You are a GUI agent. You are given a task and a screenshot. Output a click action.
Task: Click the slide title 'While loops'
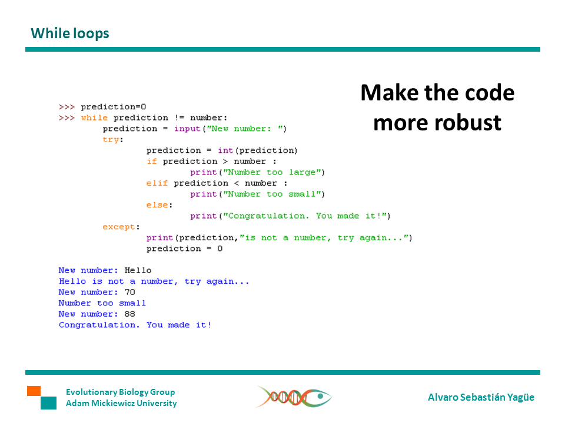[70, 33]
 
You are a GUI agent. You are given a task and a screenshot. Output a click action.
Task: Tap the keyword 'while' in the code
[94, 117]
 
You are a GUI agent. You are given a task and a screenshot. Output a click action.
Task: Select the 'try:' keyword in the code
[111, 140]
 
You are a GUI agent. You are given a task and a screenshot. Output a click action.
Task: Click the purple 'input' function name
[187, 129]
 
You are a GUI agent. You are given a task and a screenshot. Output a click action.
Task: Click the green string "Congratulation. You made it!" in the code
[304, 216]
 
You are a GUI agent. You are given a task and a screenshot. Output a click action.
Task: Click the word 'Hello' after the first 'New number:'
[138, 270]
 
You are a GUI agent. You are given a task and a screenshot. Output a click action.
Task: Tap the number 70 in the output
[129, 292]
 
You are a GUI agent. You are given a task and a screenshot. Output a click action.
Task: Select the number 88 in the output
[129, 314]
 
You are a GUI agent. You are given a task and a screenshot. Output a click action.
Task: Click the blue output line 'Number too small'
[102, 303]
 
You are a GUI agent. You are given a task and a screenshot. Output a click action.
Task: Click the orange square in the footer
[34, 391]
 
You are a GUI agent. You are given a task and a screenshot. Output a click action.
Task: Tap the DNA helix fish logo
[293, 397]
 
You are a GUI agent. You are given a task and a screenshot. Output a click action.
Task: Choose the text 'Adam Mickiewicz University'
[121, 403]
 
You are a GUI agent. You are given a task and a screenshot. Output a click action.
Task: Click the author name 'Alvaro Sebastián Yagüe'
[481, 397]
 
